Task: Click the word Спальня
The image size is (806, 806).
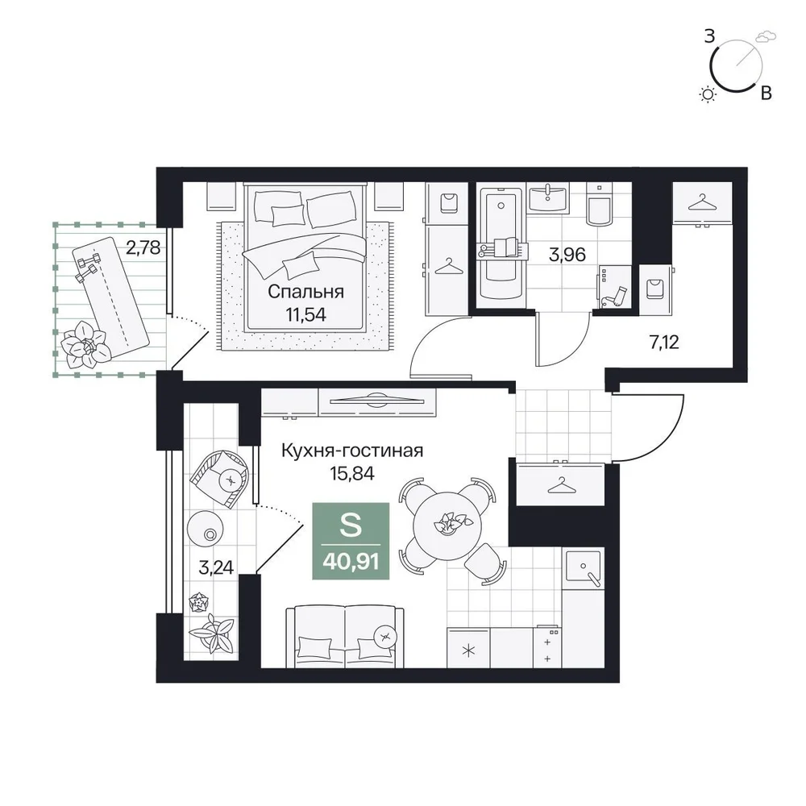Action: pyautogui.click(x=305, y=292)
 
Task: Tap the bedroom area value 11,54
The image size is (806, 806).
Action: pyautogui.click(x=305, y=314)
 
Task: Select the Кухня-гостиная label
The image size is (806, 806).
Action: pyautogui.click(x=352, y=451)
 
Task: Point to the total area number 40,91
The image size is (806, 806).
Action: pyautogui.click(x=351, y=561)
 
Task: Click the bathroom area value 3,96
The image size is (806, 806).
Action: pyautogui.click(x=567, y=255)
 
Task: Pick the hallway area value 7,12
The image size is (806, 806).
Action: pyautogui.click(x=664, y=342)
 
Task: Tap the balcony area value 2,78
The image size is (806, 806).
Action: pyautogui.click(x=143, y=247)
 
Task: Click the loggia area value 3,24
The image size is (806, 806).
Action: pyautogui.click(x=216, y=567)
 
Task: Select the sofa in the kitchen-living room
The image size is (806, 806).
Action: pyautogui.click(x=345, y=637)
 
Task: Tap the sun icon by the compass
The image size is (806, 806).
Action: pyautogui.click(x=708, y=94)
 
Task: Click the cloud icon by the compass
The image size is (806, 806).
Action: pyautogui.click(x=764, y=36)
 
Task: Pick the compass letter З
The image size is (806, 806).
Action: pyautogui.click(x=709, y=36)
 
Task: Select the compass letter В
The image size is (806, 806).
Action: pyautogui.click(x=766, y=93)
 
